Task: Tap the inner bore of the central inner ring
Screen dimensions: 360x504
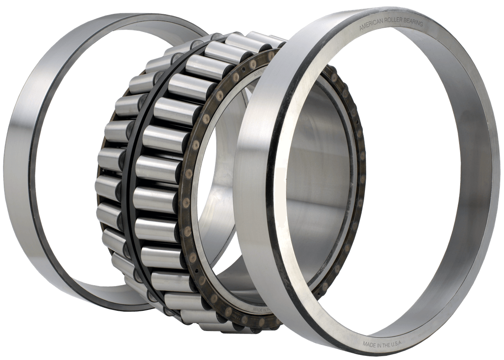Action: pos(319,176)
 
